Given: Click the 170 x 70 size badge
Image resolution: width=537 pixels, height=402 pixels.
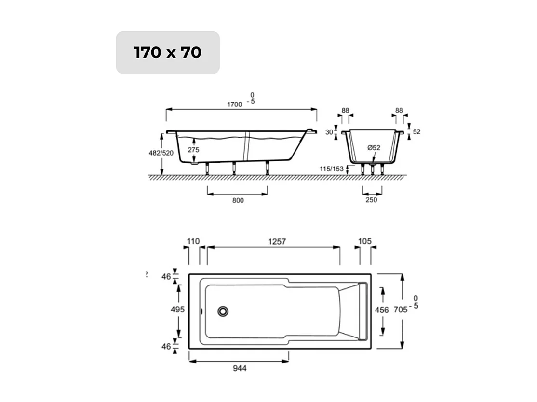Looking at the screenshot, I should [168, 52].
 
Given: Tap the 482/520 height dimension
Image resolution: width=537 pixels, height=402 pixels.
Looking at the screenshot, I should [160, 153].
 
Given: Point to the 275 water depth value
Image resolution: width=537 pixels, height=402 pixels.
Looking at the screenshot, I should [193, 150].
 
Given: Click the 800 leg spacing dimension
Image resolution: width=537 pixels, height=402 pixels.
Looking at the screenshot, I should [238, 200].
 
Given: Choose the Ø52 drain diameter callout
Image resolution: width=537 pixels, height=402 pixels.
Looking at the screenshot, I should [374, 148].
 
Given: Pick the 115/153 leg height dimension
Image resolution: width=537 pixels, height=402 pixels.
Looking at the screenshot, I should [332, 169].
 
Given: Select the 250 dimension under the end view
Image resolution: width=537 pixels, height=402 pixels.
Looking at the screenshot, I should [371, 200].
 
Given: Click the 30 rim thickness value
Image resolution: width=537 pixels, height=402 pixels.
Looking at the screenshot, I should [329, 132].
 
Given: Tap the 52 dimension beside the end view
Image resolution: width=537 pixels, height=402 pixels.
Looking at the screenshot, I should [417, 131].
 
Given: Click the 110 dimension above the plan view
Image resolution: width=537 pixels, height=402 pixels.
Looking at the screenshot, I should [193, 241].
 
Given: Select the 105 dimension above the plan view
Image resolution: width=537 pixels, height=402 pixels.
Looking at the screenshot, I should [365, 241].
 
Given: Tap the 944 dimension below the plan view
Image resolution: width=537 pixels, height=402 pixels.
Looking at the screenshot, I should [240, 368].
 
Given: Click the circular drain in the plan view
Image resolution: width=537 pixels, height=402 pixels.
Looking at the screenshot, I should [223, 311].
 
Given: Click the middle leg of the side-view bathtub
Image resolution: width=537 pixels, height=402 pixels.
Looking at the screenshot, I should [234, 169].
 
